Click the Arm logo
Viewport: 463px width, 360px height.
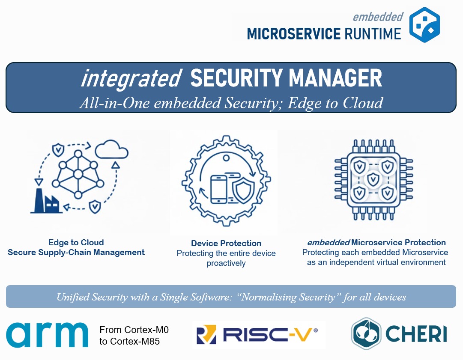coord(47,335)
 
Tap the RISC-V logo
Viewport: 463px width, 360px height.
coord(257,335)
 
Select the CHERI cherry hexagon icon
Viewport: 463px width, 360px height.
coord(366,333)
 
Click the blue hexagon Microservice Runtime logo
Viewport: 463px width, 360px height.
coord(424,25)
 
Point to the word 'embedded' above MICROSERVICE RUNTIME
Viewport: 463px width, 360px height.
coord(378,17)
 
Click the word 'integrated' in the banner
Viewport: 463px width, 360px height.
coord(131,79)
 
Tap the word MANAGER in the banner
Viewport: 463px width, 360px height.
coord(335,78)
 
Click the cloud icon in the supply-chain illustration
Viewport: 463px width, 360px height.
coord(112,149)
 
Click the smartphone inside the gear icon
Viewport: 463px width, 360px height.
coord(219,189)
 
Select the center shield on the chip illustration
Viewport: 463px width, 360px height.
coord(373,179)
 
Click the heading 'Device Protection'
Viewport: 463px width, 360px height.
coord(226,243)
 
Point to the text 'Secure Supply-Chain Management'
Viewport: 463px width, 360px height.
coord(76,252)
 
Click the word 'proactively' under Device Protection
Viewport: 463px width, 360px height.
coord(226,263)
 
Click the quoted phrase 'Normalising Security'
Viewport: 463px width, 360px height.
coord(288,297)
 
